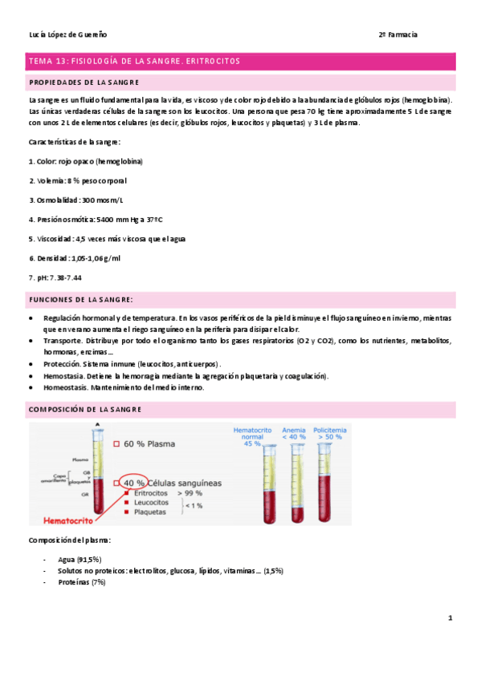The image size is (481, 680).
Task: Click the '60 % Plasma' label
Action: (145, 443)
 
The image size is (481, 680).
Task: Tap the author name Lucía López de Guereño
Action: (67, 34)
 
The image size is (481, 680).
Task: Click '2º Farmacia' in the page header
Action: (398, 34)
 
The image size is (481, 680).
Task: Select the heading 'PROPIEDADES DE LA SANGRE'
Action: (84, 83)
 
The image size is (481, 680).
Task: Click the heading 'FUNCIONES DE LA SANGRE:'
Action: (80, 299)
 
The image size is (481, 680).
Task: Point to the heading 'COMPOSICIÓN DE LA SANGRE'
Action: (85, 410)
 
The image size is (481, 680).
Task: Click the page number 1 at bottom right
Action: (450, 618)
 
